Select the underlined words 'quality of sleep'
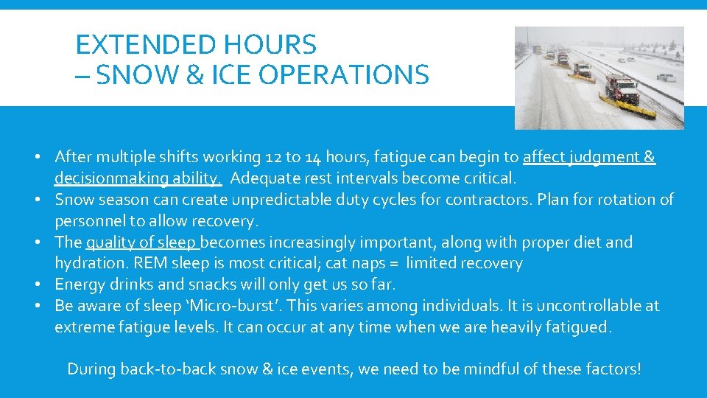pos(142,242)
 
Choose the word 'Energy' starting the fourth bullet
pos(77,284)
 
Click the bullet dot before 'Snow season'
pos(45,200)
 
